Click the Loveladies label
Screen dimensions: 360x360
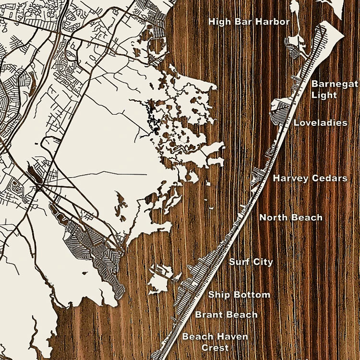click(320, 123)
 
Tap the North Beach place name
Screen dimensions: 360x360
click(291, 217)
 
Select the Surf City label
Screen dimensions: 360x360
click(251, 262)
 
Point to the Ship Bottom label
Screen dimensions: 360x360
click(239, 295)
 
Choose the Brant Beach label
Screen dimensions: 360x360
click(226, 315)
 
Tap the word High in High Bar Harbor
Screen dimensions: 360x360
click(218, 22)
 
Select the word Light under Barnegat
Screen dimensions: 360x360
click(324, 95)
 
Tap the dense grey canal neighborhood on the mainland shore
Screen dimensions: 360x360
click(96, 245)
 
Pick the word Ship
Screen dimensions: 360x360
click(218, 295)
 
